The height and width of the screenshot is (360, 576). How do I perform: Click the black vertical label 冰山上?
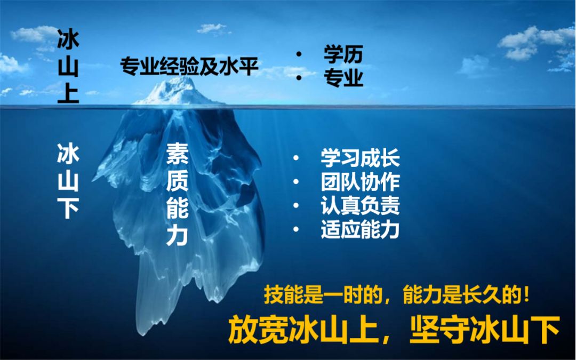tap(68, 66)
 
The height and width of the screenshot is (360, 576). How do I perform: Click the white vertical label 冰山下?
tap(68, 181)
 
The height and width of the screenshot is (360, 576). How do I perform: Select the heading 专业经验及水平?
tap(189, 66)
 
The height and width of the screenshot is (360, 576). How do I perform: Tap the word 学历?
tap(343, 54)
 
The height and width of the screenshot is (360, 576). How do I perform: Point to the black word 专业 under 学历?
tap(343, 78)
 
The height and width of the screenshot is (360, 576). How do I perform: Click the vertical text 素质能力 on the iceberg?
tap(178, 194)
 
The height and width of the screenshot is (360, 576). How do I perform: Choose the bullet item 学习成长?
tap(360, 158)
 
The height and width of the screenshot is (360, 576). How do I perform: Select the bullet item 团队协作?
tap(360, 182)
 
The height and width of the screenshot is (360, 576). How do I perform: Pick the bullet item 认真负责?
tap(360, 206)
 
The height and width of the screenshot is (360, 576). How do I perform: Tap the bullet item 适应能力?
tap(360, 229)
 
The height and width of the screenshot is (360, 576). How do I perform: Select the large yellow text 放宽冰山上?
tap(303, 330)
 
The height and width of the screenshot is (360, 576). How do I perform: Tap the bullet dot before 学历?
tap(299, 54)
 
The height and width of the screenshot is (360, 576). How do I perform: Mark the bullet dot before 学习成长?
tap(296, 158)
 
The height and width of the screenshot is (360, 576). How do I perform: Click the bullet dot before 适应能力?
tap(296, 229)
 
